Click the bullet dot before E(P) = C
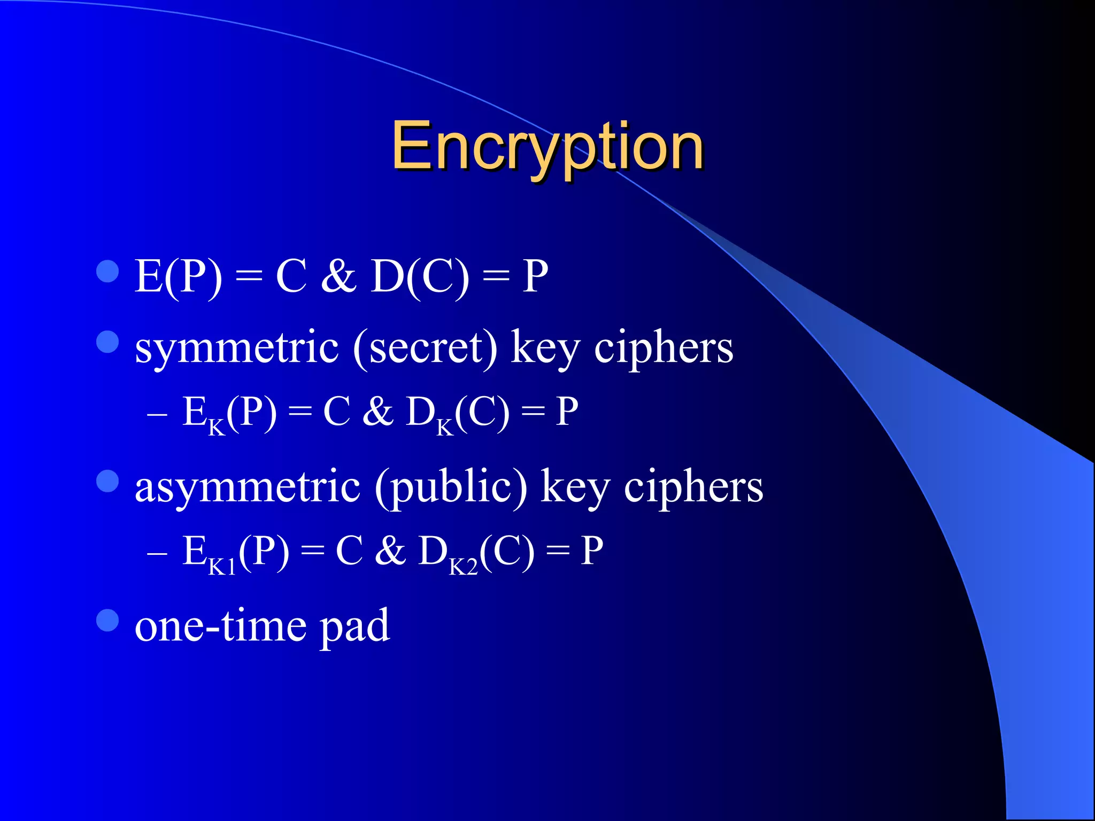coord(107,272)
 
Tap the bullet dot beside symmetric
coord(107,342)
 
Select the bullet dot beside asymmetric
coord(107,481)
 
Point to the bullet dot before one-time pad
coord(107,621)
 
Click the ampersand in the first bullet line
coord(339,276)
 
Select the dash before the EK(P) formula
coord(157,415)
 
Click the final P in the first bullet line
coord(535,276)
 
